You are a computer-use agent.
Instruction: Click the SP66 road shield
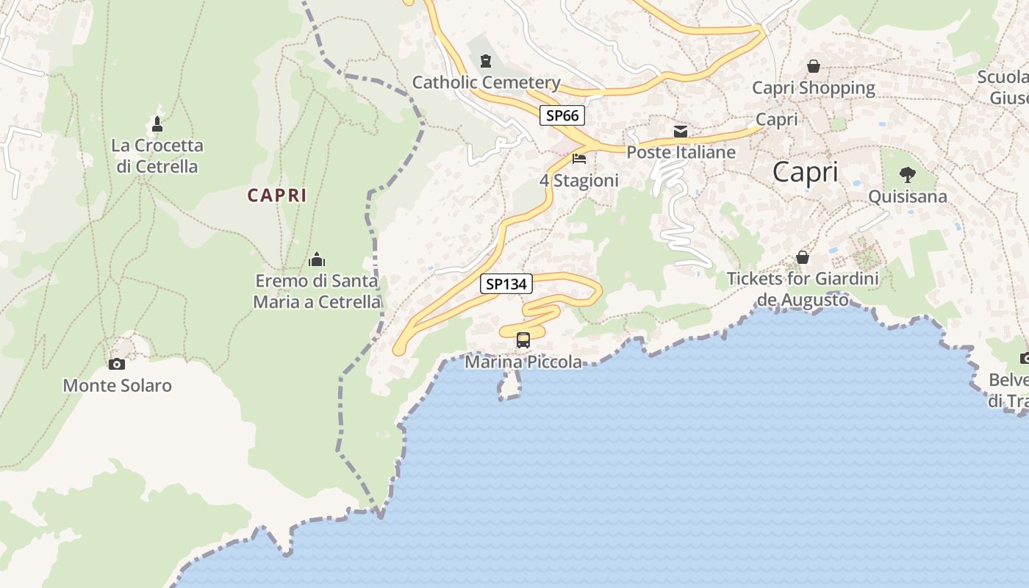click(562, 115)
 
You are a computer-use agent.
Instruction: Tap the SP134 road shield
click(506, 284)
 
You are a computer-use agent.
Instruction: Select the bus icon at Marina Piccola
click(523, 340)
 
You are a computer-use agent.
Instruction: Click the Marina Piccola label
click(523, 362)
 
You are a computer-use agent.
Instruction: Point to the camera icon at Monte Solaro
click(116, 364)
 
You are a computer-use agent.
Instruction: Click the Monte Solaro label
click(118, 385)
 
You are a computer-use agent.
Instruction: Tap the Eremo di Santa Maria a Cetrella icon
click(317, 259)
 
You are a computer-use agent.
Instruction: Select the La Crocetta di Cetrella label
click(157, 156)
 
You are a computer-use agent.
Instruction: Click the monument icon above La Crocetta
click(157, 123)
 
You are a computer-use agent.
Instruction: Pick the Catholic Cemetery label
click(487, 82)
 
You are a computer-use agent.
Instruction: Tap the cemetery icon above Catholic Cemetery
click(485, 60)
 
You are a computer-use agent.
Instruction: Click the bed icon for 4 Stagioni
click(579, 159)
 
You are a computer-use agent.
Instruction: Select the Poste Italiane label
click(681, 152)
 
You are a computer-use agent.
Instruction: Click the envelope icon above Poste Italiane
click(681, 132)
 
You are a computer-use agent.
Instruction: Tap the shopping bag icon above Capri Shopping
click(814, 66)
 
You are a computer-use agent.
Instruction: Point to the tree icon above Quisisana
click(908, 175)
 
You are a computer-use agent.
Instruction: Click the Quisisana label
click(908, 197)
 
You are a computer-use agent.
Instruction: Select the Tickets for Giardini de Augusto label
click(803, 290)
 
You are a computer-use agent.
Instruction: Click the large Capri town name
click(806, 172)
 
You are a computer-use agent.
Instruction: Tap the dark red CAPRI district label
click(277, 196)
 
